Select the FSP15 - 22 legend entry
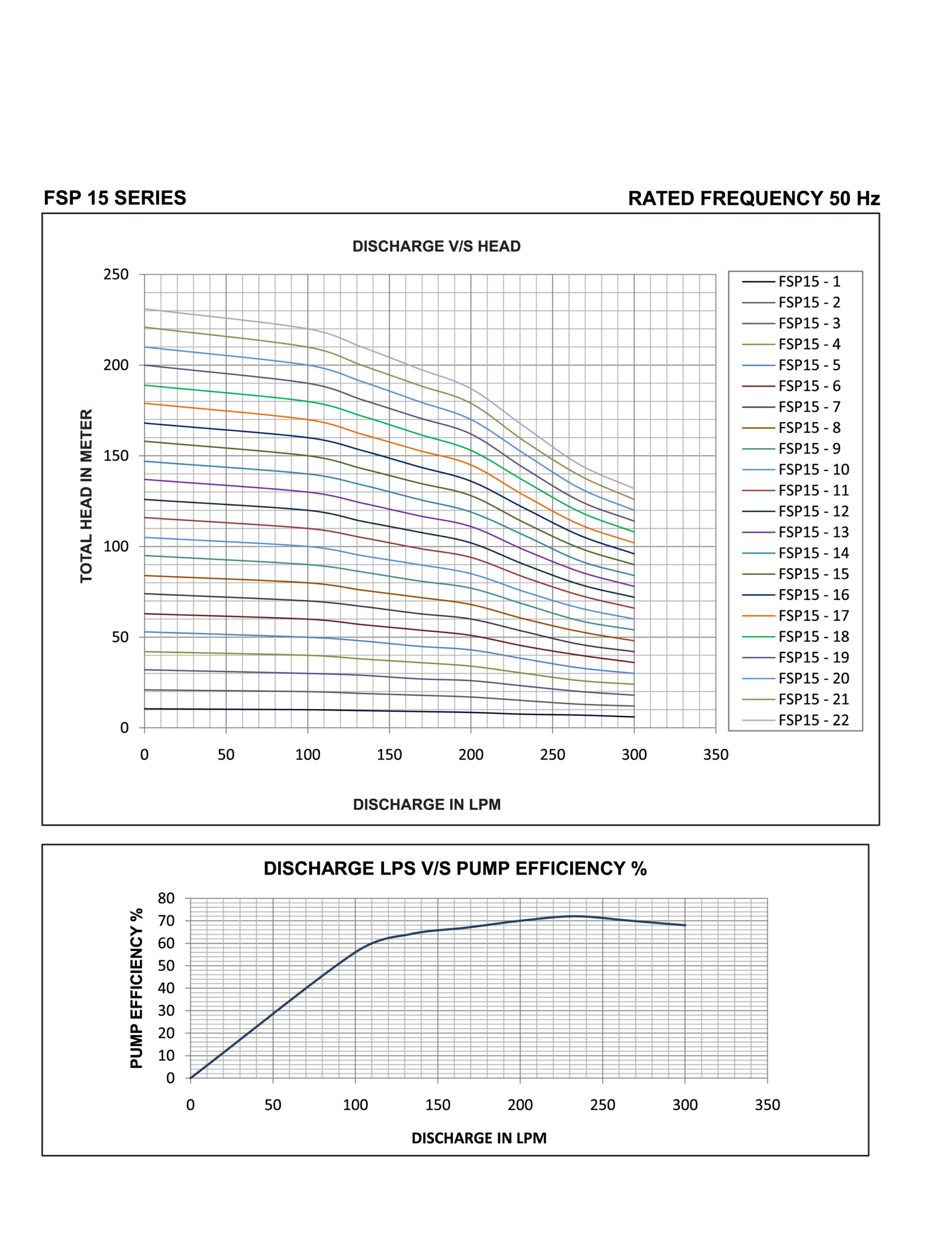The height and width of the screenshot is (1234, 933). [x=795, y=720]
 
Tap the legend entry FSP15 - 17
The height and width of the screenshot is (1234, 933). [x=795, y=616]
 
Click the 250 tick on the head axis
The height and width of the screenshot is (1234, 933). [x=116, y=274]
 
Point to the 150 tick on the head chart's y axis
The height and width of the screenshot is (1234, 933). [x=116, y=456]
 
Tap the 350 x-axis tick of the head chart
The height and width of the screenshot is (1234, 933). [x=716, y=755]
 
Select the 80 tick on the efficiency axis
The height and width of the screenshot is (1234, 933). [x=166, y=898]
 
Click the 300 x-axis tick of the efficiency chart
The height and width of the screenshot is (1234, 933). [x=685, y=1105]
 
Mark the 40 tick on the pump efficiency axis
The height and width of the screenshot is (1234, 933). [x=166, y=988]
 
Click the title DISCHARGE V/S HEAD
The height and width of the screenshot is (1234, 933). [x=436, y=247]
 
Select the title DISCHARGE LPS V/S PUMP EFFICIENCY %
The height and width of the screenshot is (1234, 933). [x=455, y=869]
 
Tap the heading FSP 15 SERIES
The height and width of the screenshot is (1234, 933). [x=115, y=198]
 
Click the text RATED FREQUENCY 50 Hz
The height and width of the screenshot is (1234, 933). [x=754, y=199]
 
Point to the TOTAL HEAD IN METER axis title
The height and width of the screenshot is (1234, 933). [x=86, y=496]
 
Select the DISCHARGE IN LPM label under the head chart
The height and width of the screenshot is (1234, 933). [x=427, y=805]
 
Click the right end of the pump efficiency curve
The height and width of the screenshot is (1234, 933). [x=685, y=925]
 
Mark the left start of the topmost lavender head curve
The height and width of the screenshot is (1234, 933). [x=145, y=309]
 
